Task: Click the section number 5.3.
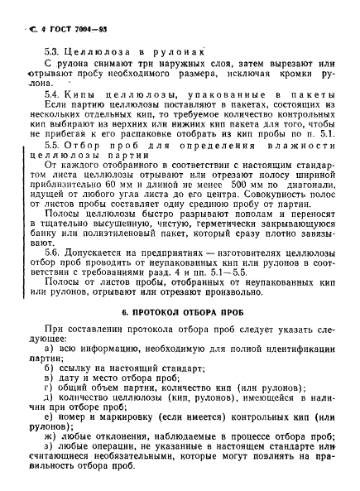coord(52,49)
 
